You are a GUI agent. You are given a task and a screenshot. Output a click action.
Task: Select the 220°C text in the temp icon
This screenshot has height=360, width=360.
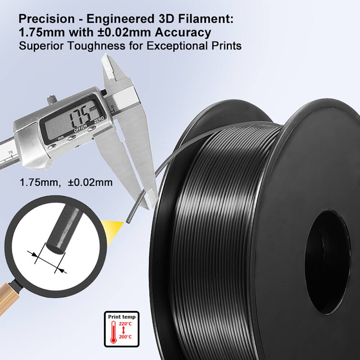tap(126, 324)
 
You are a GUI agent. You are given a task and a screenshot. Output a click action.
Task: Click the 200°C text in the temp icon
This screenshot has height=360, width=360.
tap(126, 336)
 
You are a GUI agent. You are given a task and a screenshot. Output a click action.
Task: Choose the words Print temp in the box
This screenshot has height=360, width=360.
tap(122, 317)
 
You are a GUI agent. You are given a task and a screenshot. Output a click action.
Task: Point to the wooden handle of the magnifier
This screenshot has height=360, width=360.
tap(8, 299)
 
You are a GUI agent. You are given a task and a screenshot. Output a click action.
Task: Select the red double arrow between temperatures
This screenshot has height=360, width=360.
tap(123, 330)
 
